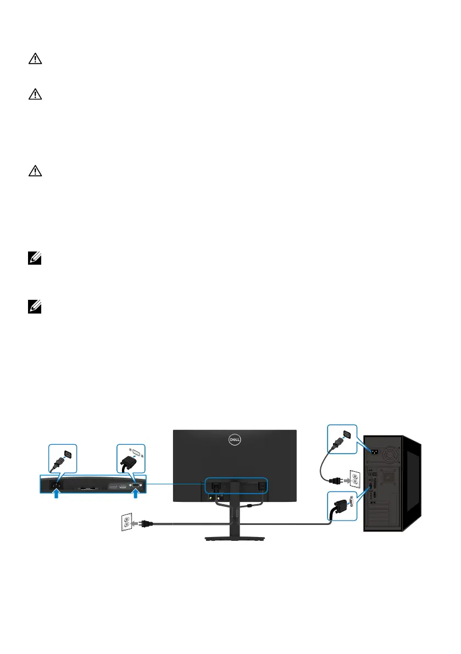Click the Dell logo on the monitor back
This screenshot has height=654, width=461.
pyautogui.click(x=235, y=439)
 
